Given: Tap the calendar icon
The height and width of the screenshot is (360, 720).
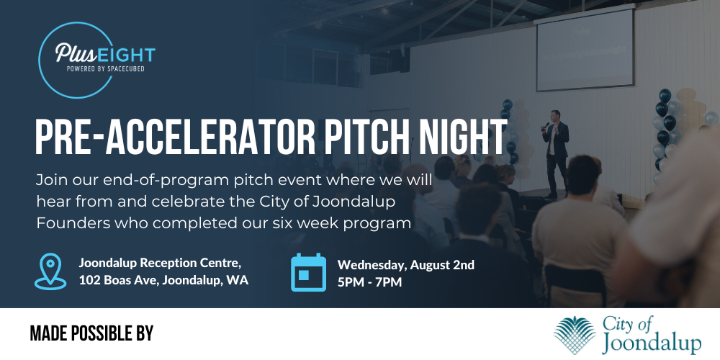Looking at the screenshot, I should click(309, 272).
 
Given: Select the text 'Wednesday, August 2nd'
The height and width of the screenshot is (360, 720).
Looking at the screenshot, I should click(406, 264).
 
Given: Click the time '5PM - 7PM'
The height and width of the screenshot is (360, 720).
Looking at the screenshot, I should click(370, 282).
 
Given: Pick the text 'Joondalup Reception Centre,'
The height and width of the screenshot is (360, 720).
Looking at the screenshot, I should click(160, 262).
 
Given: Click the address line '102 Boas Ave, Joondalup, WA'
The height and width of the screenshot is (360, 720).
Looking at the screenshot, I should click(163, 280).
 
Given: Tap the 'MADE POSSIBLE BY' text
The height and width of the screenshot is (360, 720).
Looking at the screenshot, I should click(91, 333).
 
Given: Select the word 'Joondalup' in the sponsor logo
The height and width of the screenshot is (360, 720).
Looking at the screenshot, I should click(651, 343).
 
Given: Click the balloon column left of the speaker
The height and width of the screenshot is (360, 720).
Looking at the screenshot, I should click(508, 130).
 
